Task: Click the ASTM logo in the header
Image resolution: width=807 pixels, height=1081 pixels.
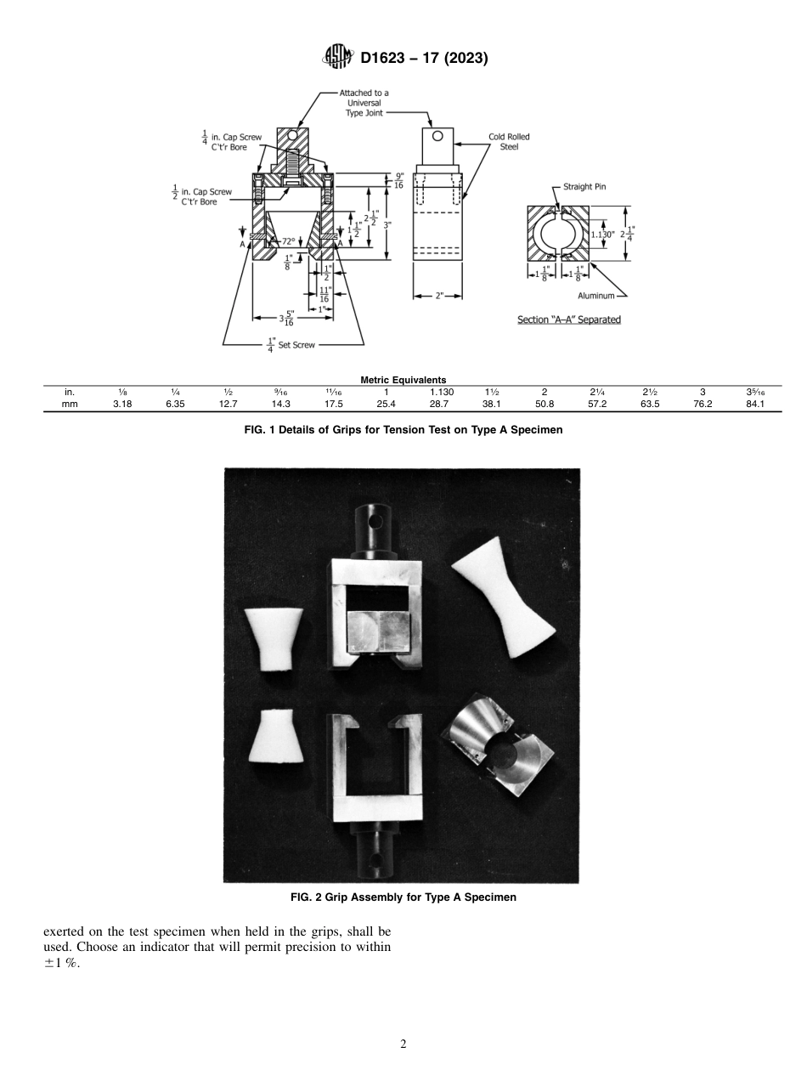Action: (339, 58)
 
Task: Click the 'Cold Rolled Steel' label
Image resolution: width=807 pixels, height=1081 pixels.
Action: (509, 141)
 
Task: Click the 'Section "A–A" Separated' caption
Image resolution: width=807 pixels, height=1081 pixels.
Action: (568, 320)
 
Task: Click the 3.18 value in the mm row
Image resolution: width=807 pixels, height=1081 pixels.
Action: (121, 404)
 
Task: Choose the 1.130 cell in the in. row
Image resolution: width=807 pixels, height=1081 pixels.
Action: (438, 392)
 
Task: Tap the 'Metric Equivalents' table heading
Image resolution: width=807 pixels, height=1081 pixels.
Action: (403, 380)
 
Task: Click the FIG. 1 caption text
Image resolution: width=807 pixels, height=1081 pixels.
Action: (403, 430)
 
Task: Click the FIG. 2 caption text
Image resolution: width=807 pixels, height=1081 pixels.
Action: (403, 897)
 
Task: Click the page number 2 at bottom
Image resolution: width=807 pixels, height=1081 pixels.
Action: (403, 1044)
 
